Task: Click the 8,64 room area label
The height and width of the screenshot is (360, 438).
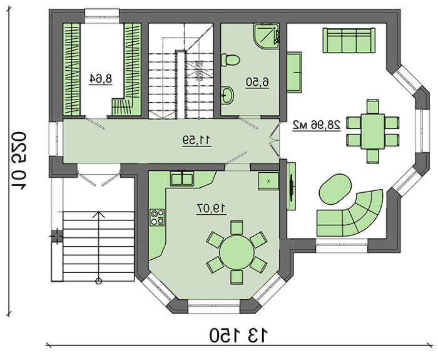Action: coord(101,79)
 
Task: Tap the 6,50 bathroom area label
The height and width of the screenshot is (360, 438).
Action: coord(258,83)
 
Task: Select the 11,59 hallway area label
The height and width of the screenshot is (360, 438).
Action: coord(197,141)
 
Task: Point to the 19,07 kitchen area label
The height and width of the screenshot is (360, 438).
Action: coord(211,208)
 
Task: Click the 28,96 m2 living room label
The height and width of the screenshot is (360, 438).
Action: coord(317,125)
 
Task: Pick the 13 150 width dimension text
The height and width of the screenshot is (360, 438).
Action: coord(239,336)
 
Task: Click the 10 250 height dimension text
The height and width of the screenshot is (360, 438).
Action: coord(19,160)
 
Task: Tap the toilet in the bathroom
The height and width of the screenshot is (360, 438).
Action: coord(230,60)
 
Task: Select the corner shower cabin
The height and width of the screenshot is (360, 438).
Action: coord(266,36)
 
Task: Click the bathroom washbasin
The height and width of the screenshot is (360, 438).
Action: coord(227,95)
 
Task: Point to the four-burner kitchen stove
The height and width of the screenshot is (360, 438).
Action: coord(157,217)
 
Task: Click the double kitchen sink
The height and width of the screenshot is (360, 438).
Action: coord(182,178)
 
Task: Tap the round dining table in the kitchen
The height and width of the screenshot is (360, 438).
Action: coord(237,252)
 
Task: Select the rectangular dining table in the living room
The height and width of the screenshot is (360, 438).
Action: coord(373,131)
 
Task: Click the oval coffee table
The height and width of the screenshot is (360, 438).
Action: coord(335,189)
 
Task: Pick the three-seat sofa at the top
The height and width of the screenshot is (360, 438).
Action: coord(349,40)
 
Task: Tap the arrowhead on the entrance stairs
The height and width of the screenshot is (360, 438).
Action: coord(98,215)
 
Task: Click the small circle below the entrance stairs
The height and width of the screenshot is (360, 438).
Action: coord(98,281)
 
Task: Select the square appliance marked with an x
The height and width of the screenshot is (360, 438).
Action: coord(268,181)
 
